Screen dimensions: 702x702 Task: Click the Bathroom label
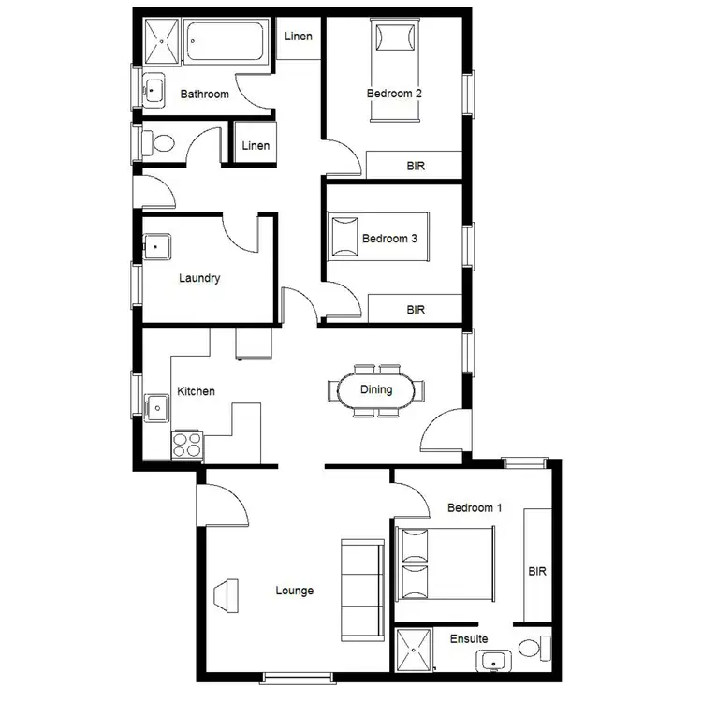click(204, 94)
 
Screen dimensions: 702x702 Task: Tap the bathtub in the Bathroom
click(227, 41)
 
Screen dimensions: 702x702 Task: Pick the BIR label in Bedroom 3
click(416, 308)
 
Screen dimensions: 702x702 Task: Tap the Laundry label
click(199, 278)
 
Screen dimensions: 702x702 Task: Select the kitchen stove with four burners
click(187, 444)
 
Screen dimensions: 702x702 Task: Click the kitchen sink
click(157, 408)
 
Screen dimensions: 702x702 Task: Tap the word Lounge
click(294, 591)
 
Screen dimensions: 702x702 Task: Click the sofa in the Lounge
click(362, 588)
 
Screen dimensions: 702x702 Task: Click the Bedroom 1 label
click(475, 508)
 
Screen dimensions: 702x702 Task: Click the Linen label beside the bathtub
click(299, 37)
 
